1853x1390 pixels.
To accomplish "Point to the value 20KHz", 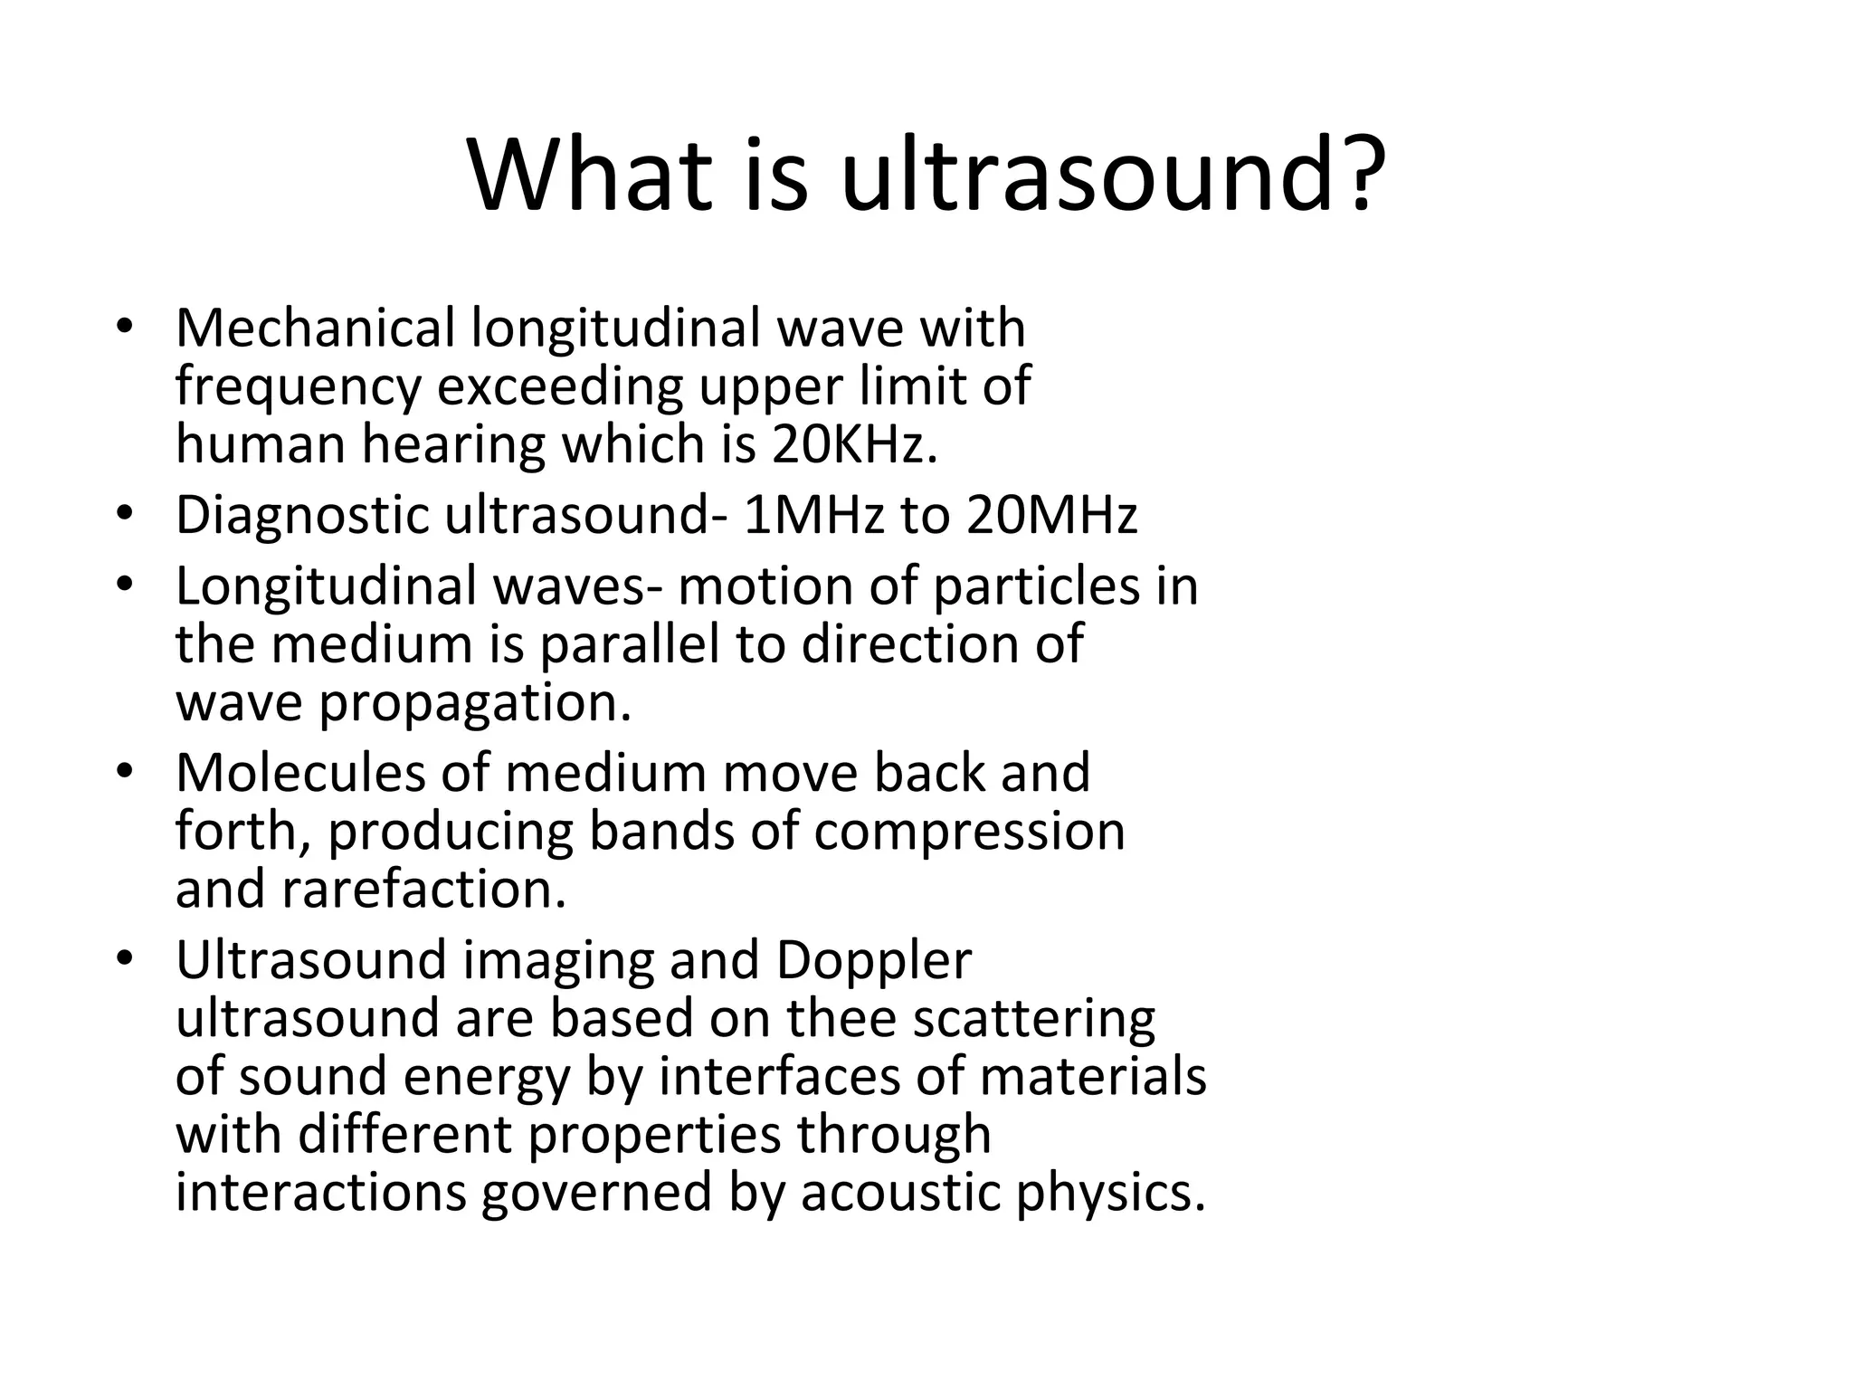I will point(854,444).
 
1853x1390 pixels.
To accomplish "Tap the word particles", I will point(1037,586).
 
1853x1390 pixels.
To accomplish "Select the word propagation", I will point(474,703).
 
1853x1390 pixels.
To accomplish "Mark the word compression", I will point(969,831).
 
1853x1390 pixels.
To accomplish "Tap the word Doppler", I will point(873,960).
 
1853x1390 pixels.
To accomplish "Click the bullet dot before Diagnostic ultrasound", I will point(125,514).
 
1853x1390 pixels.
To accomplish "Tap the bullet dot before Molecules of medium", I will point(125,772).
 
